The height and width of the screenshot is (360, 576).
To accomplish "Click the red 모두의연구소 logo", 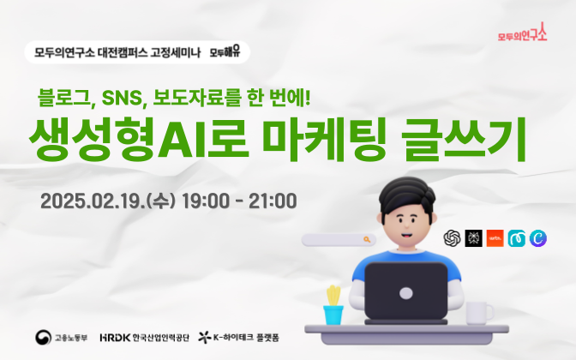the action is pos(522,33).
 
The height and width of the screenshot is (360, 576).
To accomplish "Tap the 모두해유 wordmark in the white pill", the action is pos(225,51).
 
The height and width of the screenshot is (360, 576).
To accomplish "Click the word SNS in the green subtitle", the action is pos(122,98).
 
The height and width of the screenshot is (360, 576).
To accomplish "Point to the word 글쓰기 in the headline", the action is pos(465,139).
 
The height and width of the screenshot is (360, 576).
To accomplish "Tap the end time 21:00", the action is pos(273,201).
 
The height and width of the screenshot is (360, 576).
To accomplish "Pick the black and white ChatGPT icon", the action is pos(453,238).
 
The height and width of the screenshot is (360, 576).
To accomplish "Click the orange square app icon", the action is pos(495,238).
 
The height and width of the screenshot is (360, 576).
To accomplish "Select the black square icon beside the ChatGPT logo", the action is pos(473,238).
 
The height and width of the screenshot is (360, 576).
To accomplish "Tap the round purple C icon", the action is pos(538,238).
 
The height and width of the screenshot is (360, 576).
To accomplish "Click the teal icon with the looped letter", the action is pos(517,238).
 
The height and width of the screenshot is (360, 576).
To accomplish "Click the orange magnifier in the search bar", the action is pos(367,239).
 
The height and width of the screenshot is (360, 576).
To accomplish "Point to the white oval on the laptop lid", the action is pos(406,293).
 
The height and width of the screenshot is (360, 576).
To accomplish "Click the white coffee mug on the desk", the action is pos(479,313).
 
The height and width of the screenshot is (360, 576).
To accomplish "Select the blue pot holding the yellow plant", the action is pos(333,315).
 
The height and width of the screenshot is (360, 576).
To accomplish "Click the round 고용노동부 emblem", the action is pos(44,337).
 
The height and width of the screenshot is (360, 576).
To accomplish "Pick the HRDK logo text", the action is pos(115,337).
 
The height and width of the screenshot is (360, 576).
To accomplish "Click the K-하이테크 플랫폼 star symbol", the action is pos(205,337).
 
